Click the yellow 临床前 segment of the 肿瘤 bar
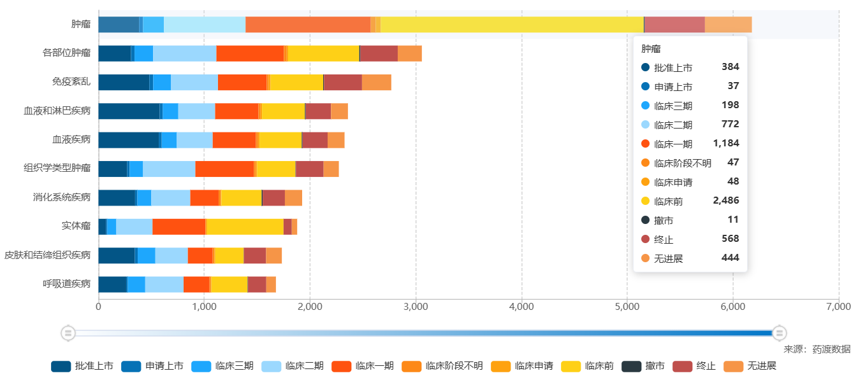511,25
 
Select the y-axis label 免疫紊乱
71,82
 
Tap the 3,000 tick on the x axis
416,307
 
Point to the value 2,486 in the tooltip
725,200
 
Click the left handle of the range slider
68,332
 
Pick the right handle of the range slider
780,332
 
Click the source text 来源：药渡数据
817,349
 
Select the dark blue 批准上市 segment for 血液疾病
128,140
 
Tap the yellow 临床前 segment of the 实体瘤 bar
245,227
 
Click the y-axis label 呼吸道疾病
66,284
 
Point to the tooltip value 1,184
726,143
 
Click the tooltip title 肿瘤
651,48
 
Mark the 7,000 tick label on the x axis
838,307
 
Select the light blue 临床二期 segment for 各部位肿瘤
184,53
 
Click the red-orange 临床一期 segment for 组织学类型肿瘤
224,169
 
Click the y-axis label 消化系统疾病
62,197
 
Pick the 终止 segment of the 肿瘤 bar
674,25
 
